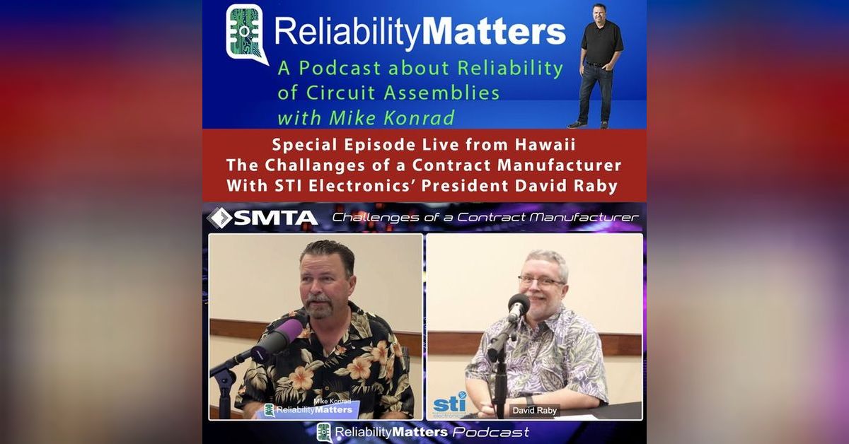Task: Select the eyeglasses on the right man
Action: click(x=541, y=281)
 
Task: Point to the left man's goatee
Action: click(x=321, y=308)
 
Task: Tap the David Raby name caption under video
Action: click(x=535, y=410)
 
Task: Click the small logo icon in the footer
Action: click(x=325, y=432)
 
